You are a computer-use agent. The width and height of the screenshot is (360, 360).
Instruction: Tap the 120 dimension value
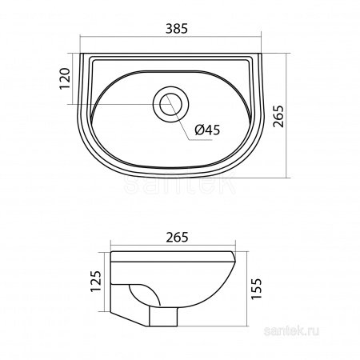point(66,78)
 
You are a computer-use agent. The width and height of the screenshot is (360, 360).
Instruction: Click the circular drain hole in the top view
point(171,104)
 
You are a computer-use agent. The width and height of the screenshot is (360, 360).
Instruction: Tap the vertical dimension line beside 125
point(106,284)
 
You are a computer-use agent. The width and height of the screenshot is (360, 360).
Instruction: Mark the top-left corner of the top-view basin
point(83,55)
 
